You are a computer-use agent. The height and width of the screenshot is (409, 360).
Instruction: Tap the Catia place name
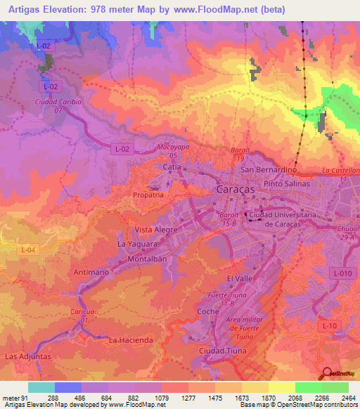172,168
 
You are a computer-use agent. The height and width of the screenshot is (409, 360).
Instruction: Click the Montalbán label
146,259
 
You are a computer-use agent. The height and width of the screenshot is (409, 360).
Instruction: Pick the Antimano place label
89,272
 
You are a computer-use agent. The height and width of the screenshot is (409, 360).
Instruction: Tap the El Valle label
240,279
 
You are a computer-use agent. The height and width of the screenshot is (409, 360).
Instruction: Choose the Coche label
209,311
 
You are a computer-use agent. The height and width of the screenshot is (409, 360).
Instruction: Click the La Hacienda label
131,340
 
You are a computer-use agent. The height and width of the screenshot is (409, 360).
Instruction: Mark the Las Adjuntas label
27,357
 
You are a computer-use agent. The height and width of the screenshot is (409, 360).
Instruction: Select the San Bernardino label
266,170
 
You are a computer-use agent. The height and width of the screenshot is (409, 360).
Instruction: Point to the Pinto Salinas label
288,183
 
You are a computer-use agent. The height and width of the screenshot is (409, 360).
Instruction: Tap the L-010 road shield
342,273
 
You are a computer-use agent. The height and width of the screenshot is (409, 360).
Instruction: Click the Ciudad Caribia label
58,102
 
